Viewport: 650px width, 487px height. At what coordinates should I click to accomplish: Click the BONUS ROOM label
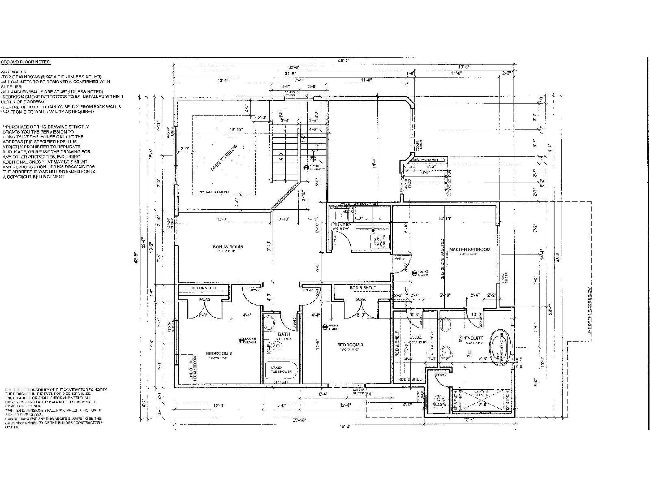point(227,246)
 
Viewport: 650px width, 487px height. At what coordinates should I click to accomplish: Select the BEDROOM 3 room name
point(350,345)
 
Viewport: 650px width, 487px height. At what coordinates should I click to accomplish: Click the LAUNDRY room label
point(341,224)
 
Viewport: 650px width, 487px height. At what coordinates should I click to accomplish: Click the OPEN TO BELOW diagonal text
point(224,157)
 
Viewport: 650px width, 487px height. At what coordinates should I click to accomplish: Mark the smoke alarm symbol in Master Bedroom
point(415,273)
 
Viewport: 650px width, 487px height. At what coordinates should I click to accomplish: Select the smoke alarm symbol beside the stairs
point(306,167)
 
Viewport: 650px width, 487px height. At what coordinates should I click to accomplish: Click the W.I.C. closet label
point(417,337)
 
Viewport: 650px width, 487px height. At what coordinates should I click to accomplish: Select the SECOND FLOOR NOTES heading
point(26,62)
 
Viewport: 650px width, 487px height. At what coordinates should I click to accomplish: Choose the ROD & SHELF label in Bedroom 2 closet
point(204,288)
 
